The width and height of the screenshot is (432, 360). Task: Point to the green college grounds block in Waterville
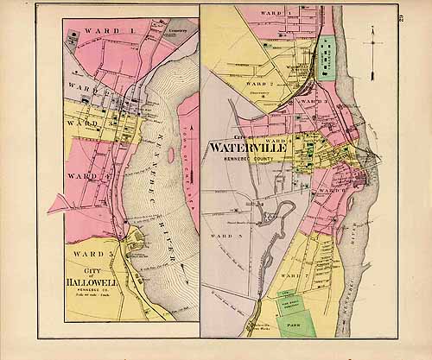click(x=327, y=59)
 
